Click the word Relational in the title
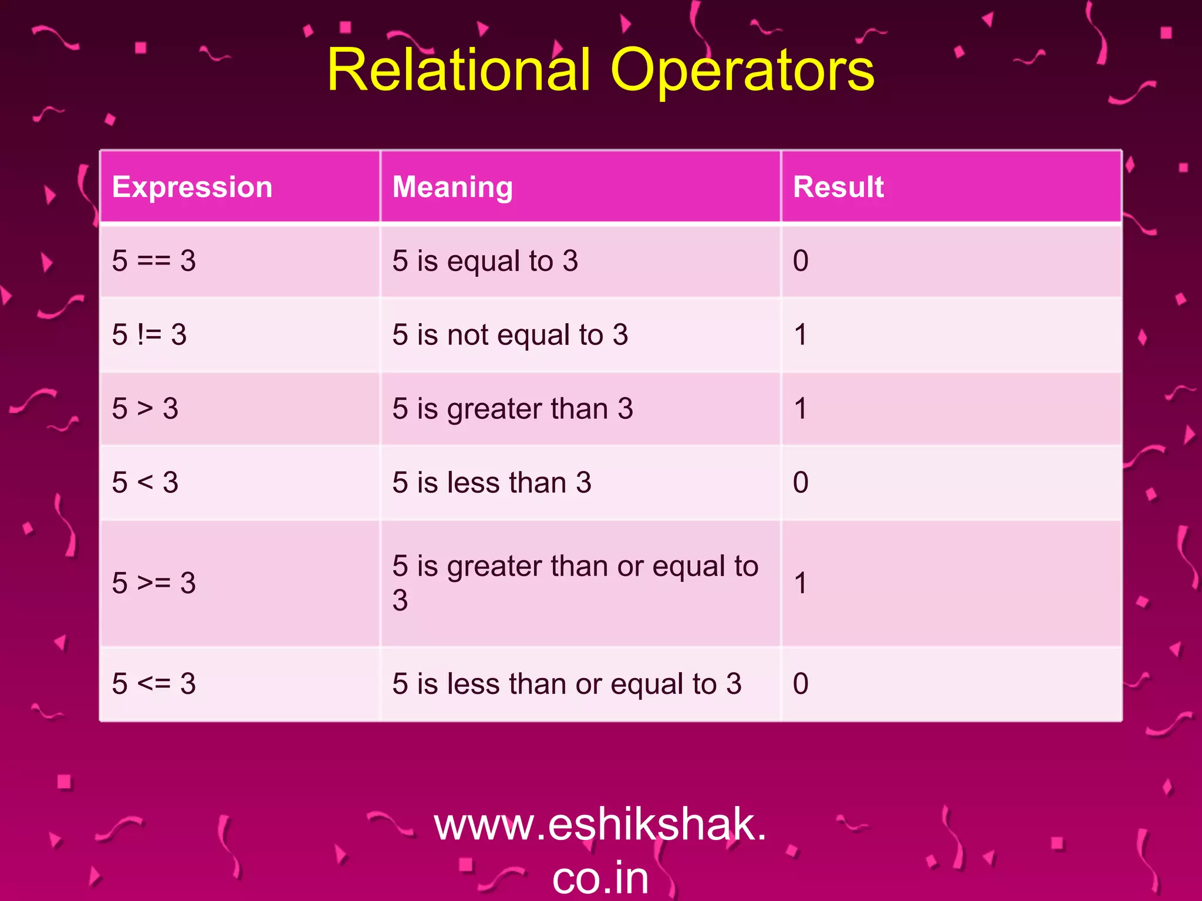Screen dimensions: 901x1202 [458, 70]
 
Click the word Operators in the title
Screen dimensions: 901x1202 [742, 70]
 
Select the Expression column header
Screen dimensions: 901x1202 [192, 187]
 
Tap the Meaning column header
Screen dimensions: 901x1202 [453, 187]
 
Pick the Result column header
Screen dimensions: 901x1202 [838, 187]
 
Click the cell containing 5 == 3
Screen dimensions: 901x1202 [154, 260]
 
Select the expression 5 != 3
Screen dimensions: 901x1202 [149, 334]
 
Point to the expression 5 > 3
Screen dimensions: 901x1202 [145, 408]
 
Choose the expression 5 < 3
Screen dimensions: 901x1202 [145, 482]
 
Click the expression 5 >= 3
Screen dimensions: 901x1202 [154, 583]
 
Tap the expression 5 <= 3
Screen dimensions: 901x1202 [154, 683]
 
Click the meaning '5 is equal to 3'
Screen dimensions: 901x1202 [485, 260]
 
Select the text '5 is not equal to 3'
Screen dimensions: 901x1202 [510, 334]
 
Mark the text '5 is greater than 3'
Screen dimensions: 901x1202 [512, 408]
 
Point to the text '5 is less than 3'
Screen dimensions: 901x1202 [491, 482]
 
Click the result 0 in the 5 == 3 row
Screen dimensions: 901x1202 [801, 260]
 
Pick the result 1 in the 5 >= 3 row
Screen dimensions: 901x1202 [801, 583]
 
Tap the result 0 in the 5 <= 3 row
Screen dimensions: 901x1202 [801, 683]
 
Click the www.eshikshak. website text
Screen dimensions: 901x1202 [600, 824]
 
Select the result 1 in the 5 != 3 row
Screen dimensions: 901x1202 [801, 334]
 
